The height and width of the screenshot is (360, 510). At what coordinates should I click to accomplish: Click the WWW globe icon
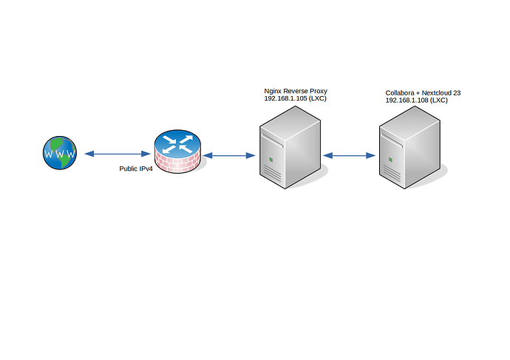pyautogui.click(x=60, y=154)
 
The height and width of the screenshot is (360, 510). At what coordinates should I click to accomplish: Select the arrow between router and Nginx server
pyautogui.click(x=228, y=155)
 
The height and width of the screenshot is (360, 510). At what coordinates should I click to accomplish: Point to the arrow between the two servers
pyautogui.click(x=350, y=155)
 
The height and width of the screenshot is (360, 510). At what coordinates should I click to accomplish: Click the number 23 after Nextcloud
pyautogui.click(x=457, y=93)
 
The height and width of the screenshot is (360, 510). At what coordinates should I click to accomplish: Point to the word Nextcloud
pyautogui.click(x=435, y=93)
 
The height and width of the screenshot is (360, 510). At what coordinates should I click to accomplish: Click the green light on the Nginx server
pyautogui.click(x=272, y=159)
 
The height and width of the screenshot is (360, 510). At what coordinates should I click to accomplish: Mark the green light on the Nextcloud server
pyautogui.click(x=392, y=159)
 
